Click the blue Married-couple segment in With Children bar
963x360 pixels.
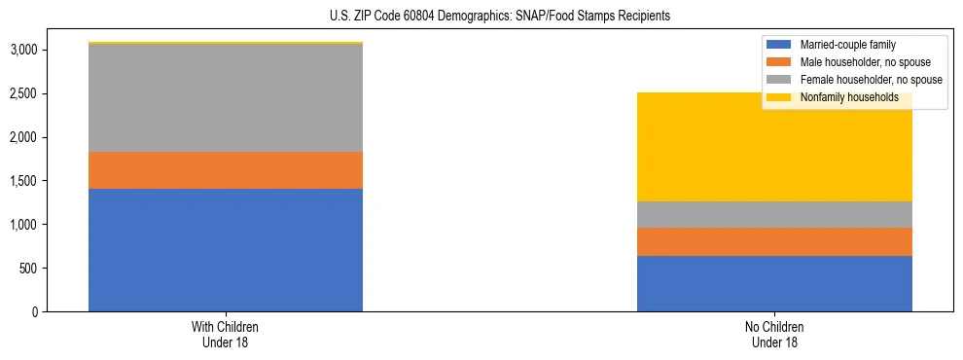tap(226, 250)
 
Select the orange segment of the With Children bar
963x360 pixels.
tap(226, 170)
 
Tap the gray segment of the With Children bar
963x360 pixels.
tap(226, 98)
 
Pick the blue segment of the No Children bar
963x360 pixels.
tap(774, 284)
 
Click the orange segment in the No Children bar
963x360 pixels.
tap(774, 242)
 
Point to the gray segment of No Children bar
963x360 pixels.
tap(774, 215)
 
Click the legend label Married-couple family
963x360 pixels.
tap(848, 45)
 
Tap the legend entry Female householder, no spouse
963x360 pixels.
tap(871, 80)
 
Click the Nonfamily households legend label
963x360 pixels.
tap(849, 97)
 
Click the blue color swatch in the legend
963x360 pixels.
tap(780, 45)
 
